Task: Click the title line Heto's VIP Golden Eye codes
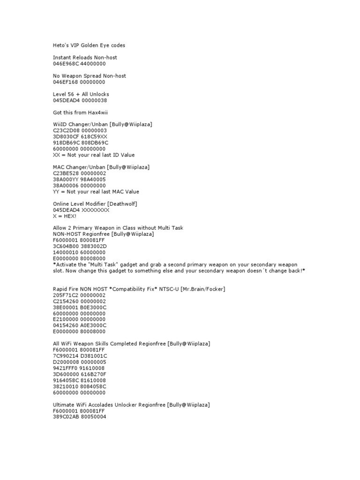point(89,45)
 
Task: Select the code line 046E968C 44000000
point(79,64)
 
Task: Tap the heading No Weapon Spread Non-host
point(90,76)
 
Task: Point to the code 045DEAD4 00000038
point(81,100)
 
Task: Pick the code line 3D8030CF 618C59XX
point(80,137)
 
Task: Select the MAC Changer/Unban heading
point(79,167)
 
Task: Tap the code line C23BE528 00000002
point(80,173)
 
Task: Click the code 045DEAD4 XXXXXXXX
point(81,210)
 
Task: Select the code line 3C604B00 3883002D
point(80,247)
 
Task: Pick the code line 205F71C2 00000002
point(79,295)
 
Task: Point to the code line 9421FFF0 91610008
point(79,368)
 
